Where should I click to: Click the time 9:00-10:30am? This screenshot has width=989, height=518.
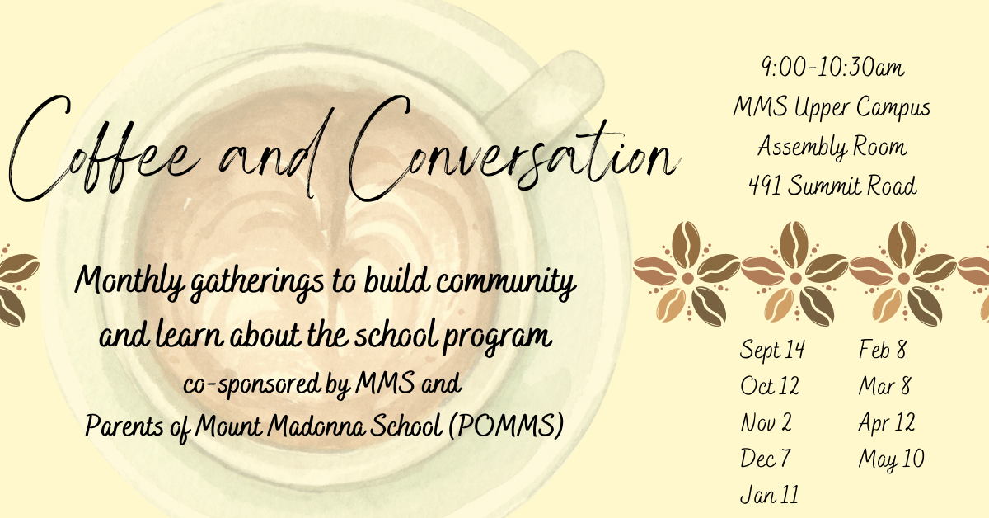coord(832,68)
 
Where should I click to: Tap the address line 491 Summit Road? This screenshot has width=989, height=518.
coord(832,186)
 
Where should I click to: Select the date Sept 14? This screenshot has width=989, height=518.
coord(772,350)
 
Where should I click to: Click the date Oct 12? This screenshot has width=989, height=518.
coord(770,386)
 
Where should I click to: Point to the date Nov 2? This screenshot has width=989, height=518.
coord(766,422)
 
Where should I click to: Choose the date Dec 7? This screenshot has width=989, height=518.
coord(765,458)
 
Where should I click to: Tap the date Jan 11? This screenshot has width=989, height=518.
coord(770,495)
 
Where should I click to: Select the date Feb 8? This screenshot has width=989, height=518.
coord(882,350)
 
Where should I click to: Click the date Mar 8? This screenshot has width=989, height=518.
coord(884,386)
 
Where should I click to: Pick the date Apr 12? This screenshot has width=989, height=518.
coord(887,423)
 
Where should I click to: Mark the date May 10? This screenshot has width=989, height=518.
coord(891,459)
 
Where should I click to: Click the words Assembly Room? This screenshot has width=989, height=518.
coord(832,147)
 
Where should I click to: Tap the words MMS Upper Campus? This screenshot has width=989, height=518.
coord(832,108)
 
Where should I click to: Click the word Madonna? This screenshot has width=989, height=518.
coord(316,425)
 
